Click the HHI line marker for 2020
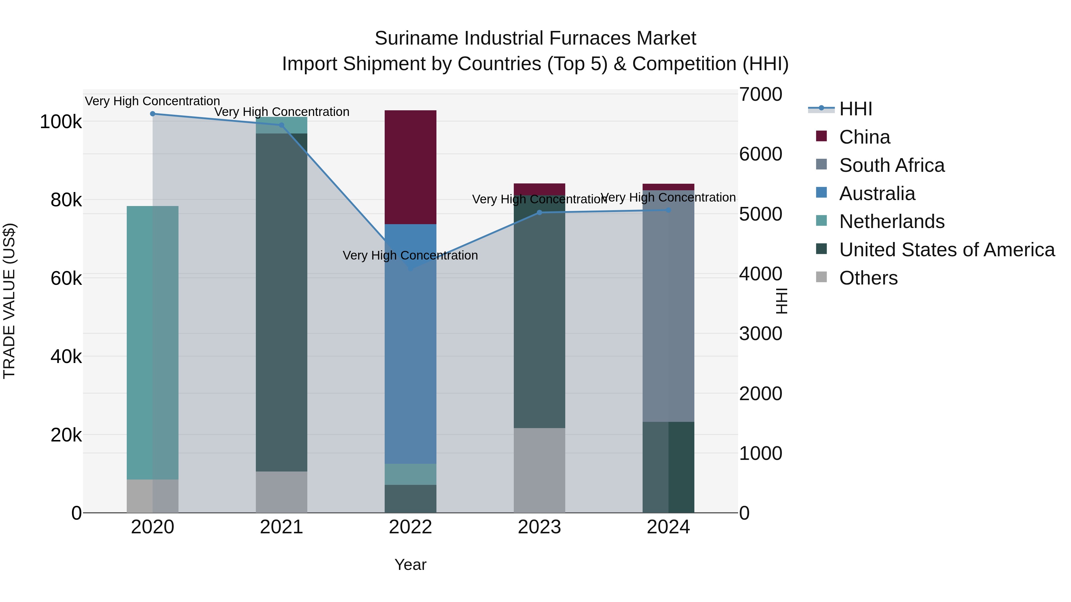coord(153,114)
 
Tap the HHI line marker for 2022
coord(410,268)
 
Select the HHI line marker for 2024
coord(668,210)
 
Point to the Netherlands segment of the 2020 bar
coord(153,342)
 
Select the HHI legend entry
coord(855,109)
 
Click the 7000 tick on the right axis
coord(760,94)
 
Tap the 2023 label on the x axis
coord(539,527)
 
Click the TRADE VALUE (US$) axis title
coord(9,301)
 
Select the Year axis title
coord(410,565)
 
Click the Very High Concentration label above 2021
coord(281,112)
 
